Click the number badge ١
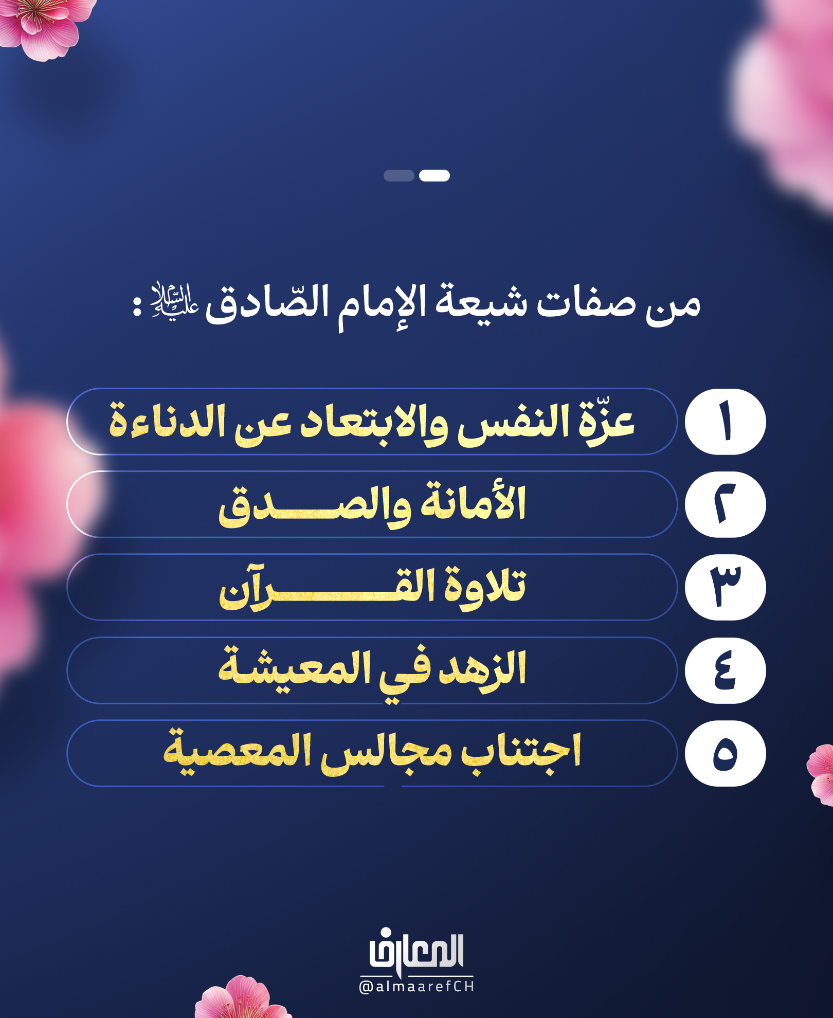(725, 422)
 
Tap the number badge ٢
(725, 504)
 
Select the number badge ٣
(725, 587)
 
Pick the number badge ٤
(725, 670)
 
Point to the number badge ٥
(725, 753)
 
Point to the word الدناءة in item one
(168, 421)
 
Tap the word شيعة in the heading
(481, 301)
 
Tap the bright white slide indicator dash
(434, 175)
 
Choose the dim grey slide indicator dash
(399, 175)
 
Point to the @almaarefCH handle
(416, 987)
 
